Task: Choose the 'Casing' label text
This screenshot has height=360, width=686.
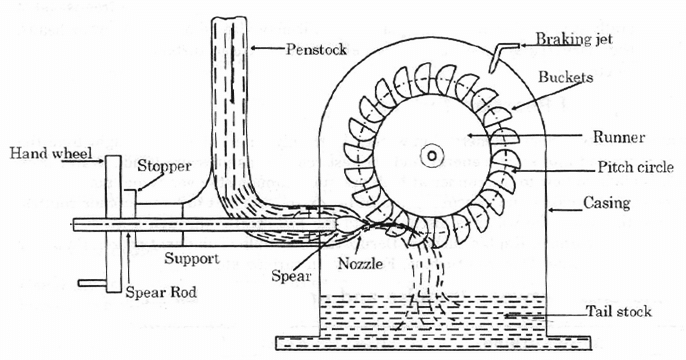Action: pyautogui.click(x=607, y=203)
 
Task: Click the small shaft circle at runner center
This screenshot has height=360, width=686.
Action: pyautogui.click(x=430, y=156)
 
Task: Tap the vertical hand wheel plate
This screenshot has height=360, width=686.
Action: pyautogui.click(x=112, y=220)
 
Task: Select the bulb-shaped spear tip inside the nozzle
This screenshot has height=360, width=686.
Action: pyautogui.click(x=350, y=226)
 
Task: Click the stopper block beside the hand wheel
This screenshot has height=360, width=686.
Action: pyautogui.click(x=128, y=216)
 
